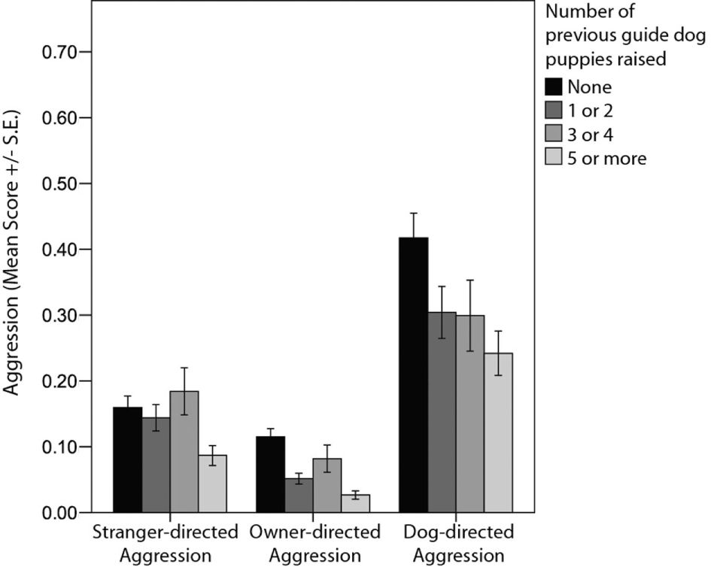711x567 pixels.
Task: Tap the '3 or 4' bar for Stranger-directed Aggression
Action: pos(184,451)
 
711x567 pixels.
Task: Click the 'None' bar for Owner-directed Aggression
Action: pos(270,474)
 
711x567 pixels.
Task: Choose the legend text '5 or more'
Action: pos(607,158)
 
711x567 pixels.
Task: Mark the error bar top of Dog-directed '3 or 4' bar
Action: pos(470,280)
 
